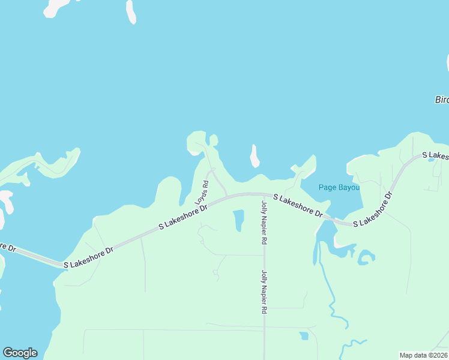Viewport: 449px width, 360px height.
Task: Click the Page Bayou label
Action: pyautogui.click(x=339, y=187)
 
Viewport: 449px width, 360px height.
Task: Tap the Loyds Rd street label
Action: pyautogui.click(x=201, y=192)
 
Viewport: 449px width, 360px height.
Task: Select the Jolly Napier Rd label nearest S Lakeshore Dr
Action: pyautogui.click(x=264, y=223)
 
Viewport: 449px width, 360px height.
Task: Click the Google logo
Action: pyautogui.click(x=20, y=353)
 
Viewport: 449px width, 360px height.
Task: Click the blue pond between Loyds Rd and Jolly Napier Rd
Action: pyautogui.click(x=238, y=220)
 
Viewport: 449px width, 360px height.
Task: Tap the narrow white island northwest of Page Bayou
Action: pyautogui.click(x=255, y=156)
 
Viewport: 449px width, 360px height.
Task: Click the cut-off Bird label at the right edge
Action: pyautogui.click(x=442, y=100)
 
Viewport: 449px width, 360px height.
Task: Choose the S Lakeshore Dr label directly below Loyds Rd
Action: pyautogui.click(x=182, y=217)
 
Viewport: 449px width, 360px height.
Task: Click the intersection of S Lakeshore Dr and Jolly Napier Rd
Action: pyautogui.click(x=264, y=194)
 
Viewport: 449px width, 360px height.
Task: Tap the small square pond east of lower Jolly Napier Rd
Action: pyautogui.click(x=304, y=335)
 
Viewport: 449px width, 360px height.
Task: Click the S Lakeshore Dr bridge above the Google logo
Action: pyautogui.click(x=36, y=257)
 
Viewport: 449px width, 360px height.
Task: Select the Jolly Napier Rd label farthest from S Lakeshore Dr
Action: pyautogui.click(x=264, y=292)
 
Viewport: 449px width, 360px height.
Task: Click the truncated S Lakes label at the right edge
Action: pyautogui.click(x=435, y=155)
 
